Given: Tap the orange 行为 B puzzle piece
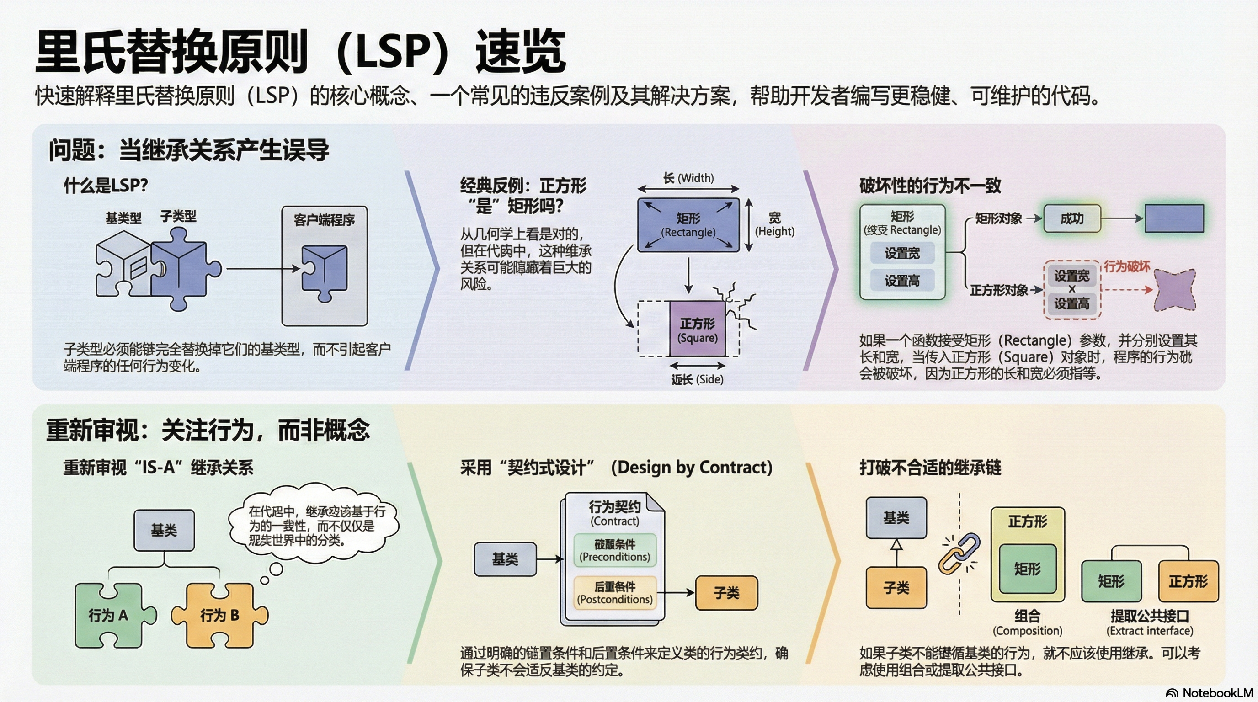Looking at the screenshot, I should point(220,616).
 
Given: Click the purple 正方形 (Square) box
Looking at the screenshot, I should point(698,330).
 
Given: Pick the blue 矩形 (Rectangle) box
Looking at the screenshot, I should point(688,225).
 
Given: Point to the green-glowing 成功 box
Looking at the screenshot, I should point(1072,219).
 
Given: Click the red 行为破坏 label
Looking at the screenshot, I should point(1127,266).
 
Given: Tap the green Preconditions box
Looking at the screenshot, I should point(615,550).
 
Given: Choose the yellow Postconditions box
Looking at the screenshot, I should point(615,593).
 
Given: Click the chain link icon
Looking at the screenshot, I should point(959,553).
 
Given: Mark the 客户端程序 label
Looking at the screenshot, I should point(324,220).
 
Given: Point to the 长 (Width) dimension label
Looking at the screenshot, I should point(688,178).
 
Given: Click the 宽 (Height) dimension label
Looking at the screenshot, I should point(774,224).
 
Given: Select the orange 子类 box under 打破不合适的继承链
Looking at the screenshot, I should point(896,588).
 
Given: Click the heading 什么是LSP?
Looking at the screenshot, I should point(106,186).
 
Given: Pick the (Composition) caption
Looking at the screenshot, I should point(1028,631).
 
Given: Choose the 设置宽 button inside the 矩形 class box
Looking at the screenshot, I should point(902,253).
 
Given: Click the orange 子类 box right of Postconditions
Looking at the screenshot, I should point(726,593).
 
